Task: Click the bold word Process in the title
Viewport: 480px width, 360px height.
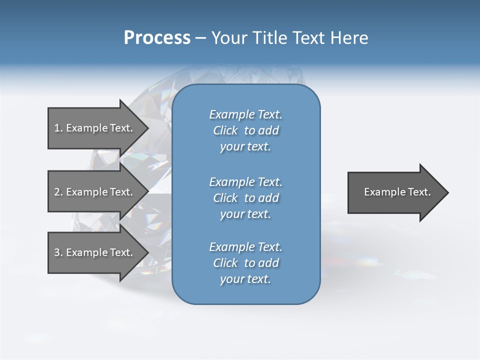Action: pyautogui.click(x=157, y=38)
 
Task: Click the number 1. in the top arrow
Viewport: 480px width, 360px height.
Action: pyautogui.click(x=58, y=128)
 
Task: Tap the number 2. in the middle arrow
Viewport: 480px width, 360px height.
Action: pyautogui.click(x=58, y=192)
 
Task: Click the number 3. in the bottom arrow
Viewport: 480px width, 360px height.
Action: pyautogui.click(x=58, y=252)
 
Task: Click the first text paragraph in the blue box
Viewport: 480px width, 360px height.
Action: pyautogui.click(x=245, y=130)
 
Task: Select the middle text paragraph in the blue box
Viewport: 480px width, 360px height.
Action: pyautogui.click(x=245, y=198)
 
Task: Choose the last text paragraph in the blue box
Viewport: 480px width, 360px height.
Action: pyautogui.click(x=245, y=263)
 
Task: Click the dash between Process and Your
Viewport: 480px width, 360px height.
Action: pyautogui.click(x=200, y=38)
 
